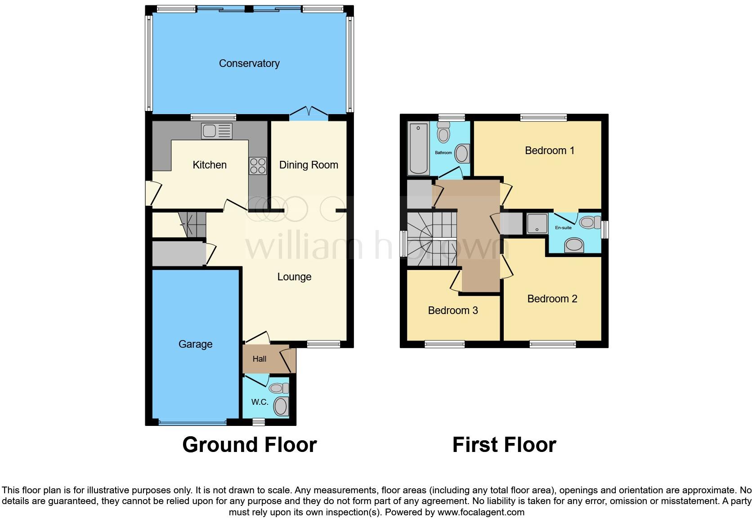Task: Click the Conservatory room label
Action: coord(249,63)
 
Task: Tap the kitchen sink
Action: coord(217,131)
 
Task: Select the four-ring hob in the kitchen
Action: coord(258,166)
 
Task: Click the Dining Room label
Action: coord(309,165)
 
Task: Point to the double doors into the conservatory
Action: coord(309,113)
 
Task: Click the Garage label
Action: coord(195,344)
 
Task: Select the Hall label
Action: coord(259,359)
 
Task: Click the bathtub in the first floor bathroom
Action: coord(418,149)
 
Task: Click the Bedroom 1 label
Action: coord(550,151)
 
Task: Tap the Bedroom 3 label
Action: coord(452,310)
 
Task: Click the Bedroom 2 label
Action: coord(552,299)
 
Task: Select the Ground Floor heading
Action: coord(250,445)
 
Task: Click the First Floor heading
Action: coord(504,445)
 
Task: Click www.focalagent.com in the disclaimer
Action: coord(481,512)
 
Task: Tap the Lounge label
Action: coord(294,277)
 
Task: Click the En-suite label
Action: coord(563,228)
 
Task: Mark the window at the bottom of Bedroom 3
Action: coord(444,344)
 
